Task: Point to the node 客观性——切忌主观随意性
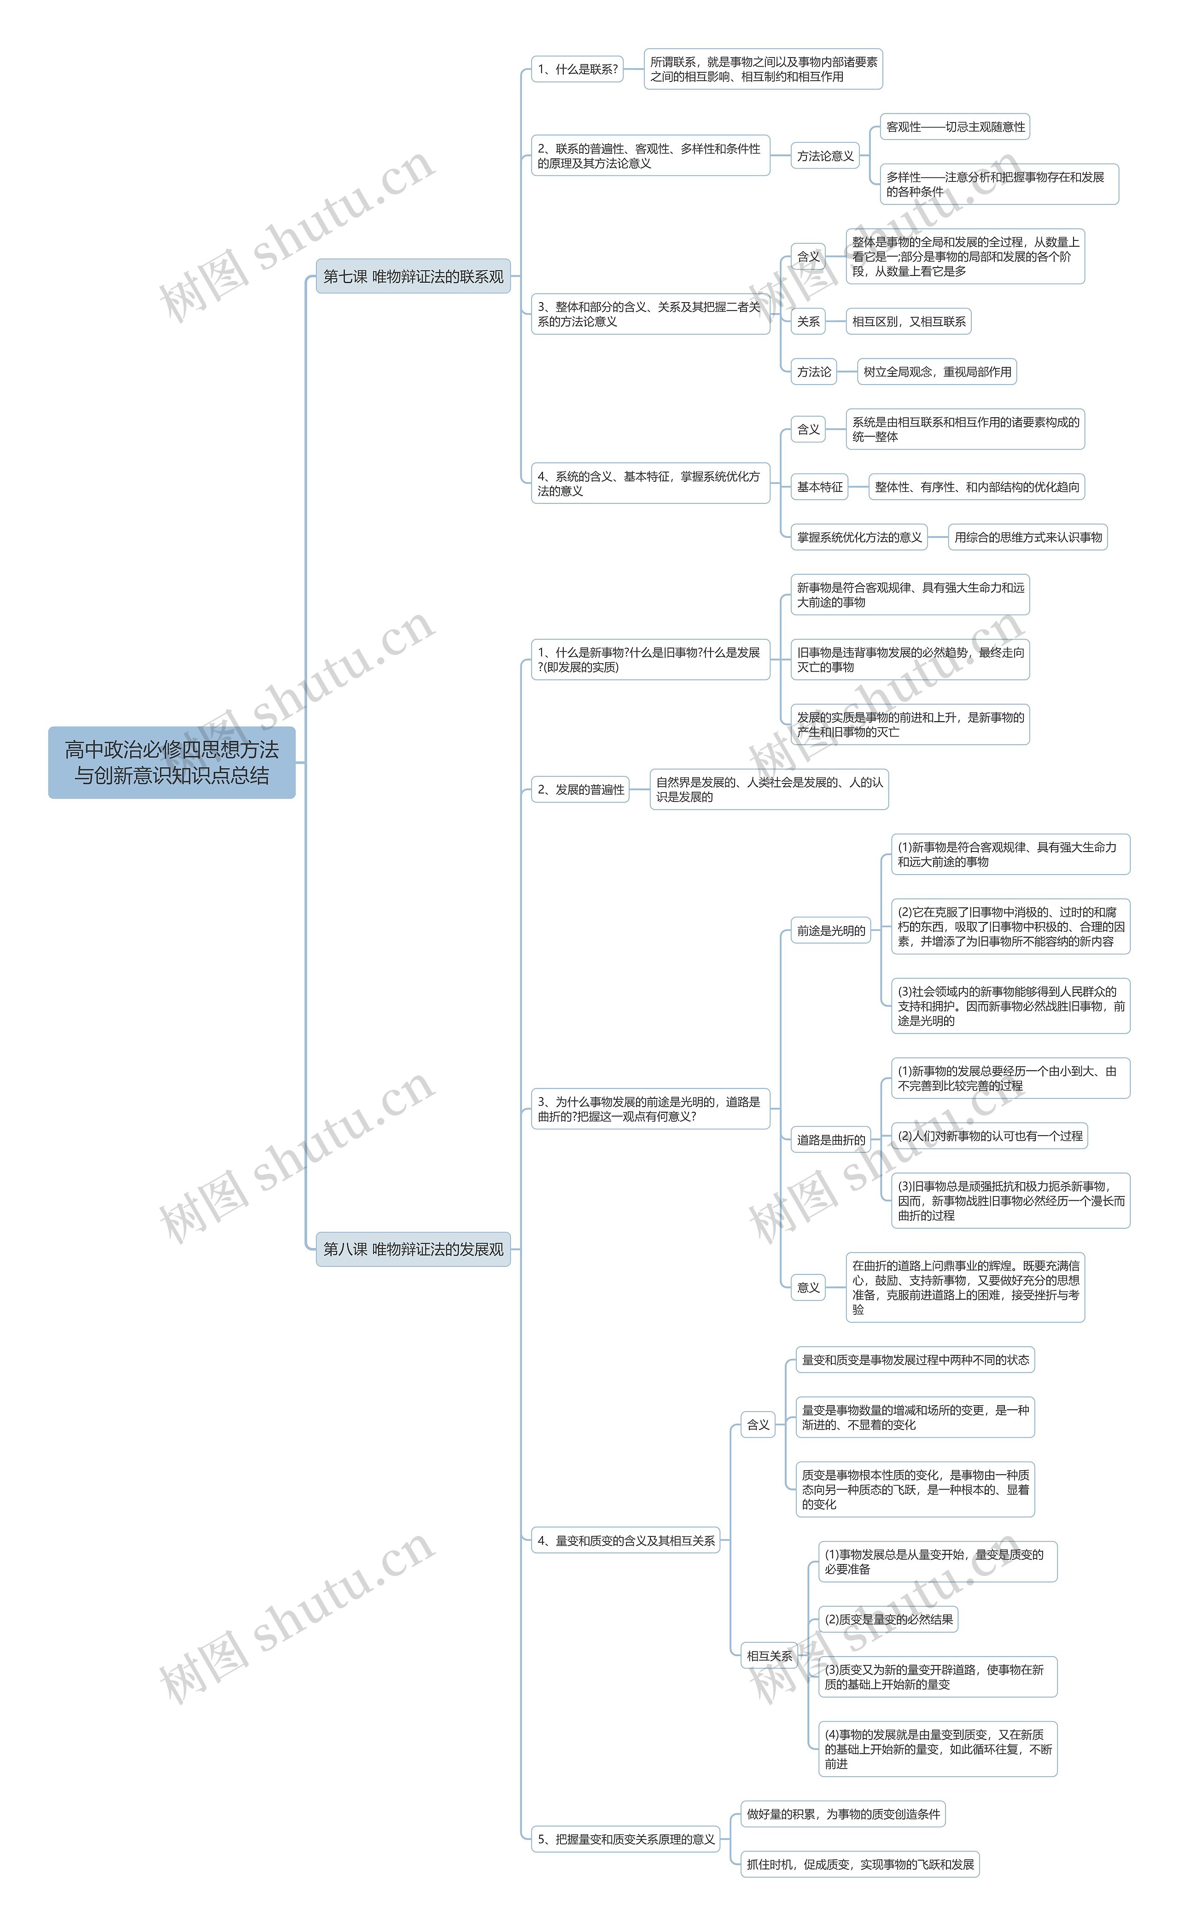point(955,127)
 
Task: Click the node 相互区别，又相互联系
point(909,321)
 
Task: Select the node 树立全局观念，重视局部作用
point(937,372)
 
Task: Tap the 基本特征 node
point(819,487)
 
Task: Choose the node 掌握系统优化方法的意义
point(859,537)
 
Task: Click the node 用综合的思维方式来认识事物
point(1027,537)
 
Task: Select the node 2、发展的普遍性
point(580,789)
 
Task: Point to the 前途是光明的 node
point(831,930)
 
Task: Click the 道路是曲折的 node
point(831,1140)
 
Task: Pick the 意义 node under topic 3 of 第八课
point(808,1287)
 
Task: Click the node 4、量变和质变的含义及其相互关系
point(625,1541)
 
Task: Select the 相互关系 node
point(769,1656)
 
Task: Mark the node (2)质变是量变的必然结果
point(888,1620)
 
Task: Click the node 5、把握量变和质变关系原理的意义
point(625,1839)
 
